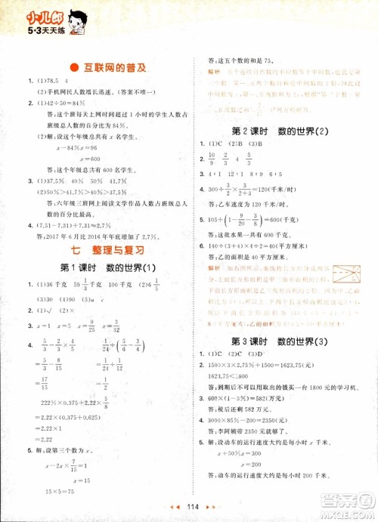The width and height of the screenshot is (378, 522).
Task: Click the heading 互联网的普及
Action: point(115,67)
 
